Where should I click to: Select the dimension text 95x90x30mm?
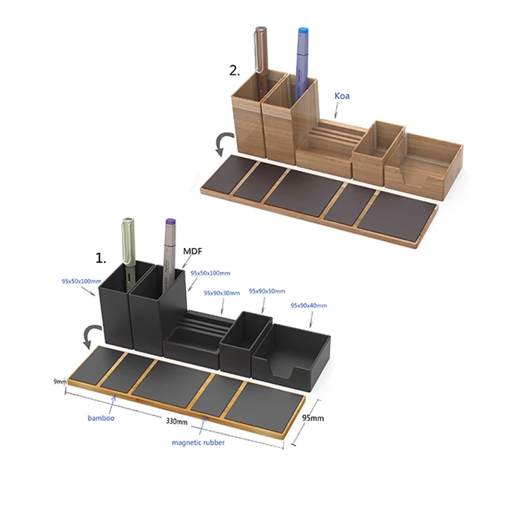(x=221, y=293)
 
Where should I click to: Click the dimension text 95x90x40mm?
(x=308, y=306)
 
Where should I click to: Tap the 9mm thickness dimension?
(x=59, y=382)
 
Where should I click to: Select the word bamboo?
(x=100, y=418)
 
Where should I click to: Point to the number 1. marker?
(x=101, y=258)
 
